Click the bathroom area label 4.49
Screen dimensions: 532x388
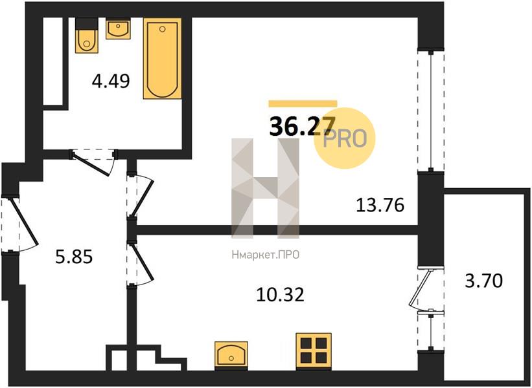pyautogui.click(x=111, y=81)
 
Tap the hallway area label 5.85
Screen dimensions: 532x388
pyautogui.click(x=74, y=257)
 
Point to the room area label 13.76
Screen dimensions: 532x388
pyautogui.click(x=380, y=205)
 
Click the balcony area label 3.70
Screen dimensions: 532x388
pyautogui.click(x=483, y=281)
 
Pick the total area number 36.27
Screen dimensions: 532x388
pyautogui.click(x=303, y=126)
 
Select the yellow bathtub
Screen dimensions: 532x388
pyautogui.click(x=162, y=59)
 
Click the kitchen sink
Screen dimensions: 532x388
pyautogui.click(x=231, y=354)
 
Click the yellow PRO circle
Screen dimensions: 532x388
pyautogui.click(x=345, y=138)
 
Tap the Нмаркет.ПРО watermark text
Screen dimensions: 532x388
pyautogui.click(x=266, y=255)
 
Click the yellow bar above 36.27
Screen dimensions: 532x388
pyautogui.click(x=303, y=104)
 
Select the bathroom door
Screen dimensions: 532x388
pyautogui.click(x=93, y=162)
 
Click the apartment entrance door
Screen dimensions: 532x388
pyautogui.click(x=19, y=224)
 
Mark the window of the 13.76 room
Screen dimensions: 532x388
pyautogui.click(x=431, y=111)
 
